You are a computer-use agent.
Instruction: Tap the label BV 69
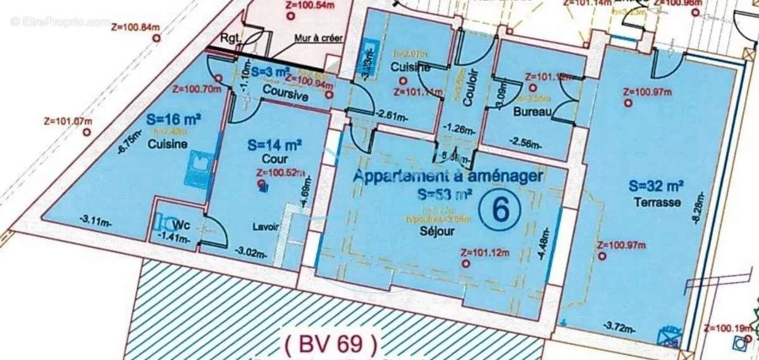tap(331, 345)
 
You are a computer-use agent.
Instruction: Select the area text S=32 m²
tap(655, 186)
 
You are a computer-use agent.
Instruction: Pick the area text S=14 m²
tap(273, 145)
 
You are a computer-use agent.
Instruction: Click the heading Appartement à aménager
tap(447, 177)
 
